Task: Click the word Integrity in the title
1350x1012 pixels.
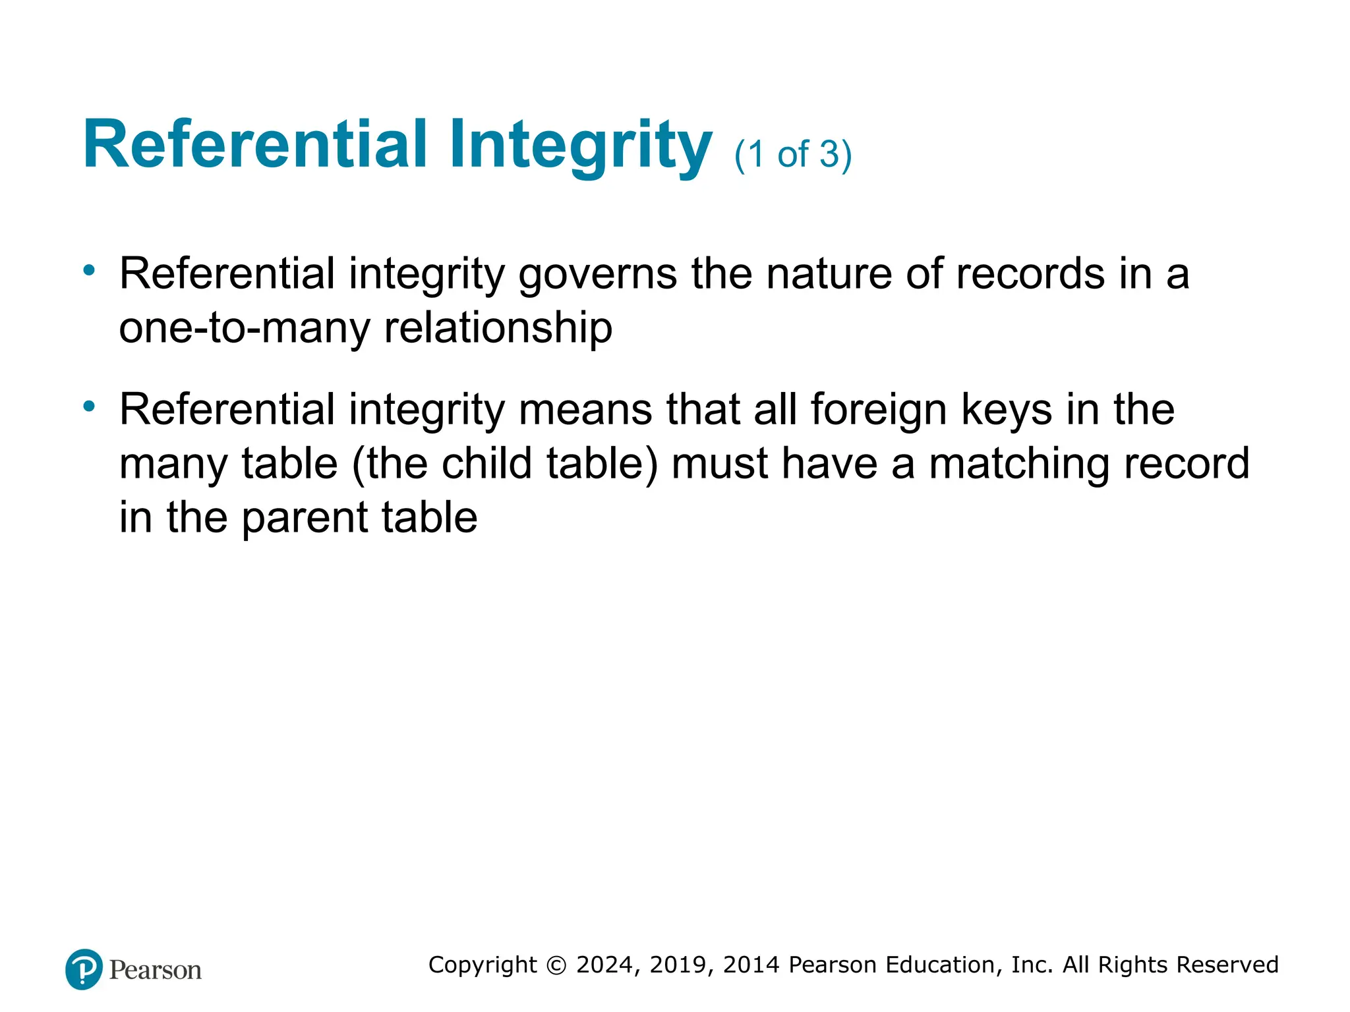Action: point(580,146)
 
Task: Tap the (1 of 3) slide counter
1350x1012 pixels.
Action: point(793,155)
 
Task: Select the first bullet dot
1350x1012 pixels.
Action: point(89,269)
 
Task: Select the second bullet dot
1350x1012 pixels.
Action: point(89,406)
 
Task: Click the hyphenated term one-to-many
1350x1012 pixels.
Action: point(245,328)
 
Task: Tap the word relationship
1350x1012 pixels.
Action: point(498,328)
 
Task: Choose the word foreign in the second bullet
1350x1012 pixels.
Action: point(879,410)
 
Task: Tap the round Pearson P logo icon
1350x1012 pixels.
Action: point(84,969)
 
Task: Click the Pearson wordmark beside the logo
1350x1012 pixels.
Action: point(156,970)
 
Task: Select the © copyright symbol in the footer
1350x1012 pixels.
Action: point(557,965)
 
